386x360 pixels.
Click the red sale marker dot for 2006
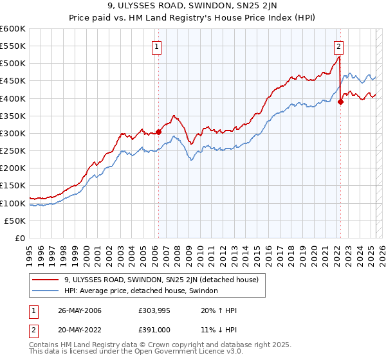tap(158, 132)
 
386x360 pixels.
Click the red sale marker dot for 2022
tap(340, 101)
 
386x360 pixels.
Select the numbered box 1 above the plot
tap(157, 46)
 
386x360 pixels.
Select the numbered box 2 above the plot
tap(338, 46)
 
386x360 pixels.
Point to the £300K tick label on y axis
tap(13, 133)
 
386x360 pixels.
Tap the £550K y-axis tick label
tap(13, 46)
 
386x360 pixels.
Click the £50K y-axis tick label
tap(15, 221)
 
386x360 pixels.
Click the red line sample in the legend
tap(46, 280)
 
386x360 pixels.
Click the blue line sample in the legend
tap(46, 291)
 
